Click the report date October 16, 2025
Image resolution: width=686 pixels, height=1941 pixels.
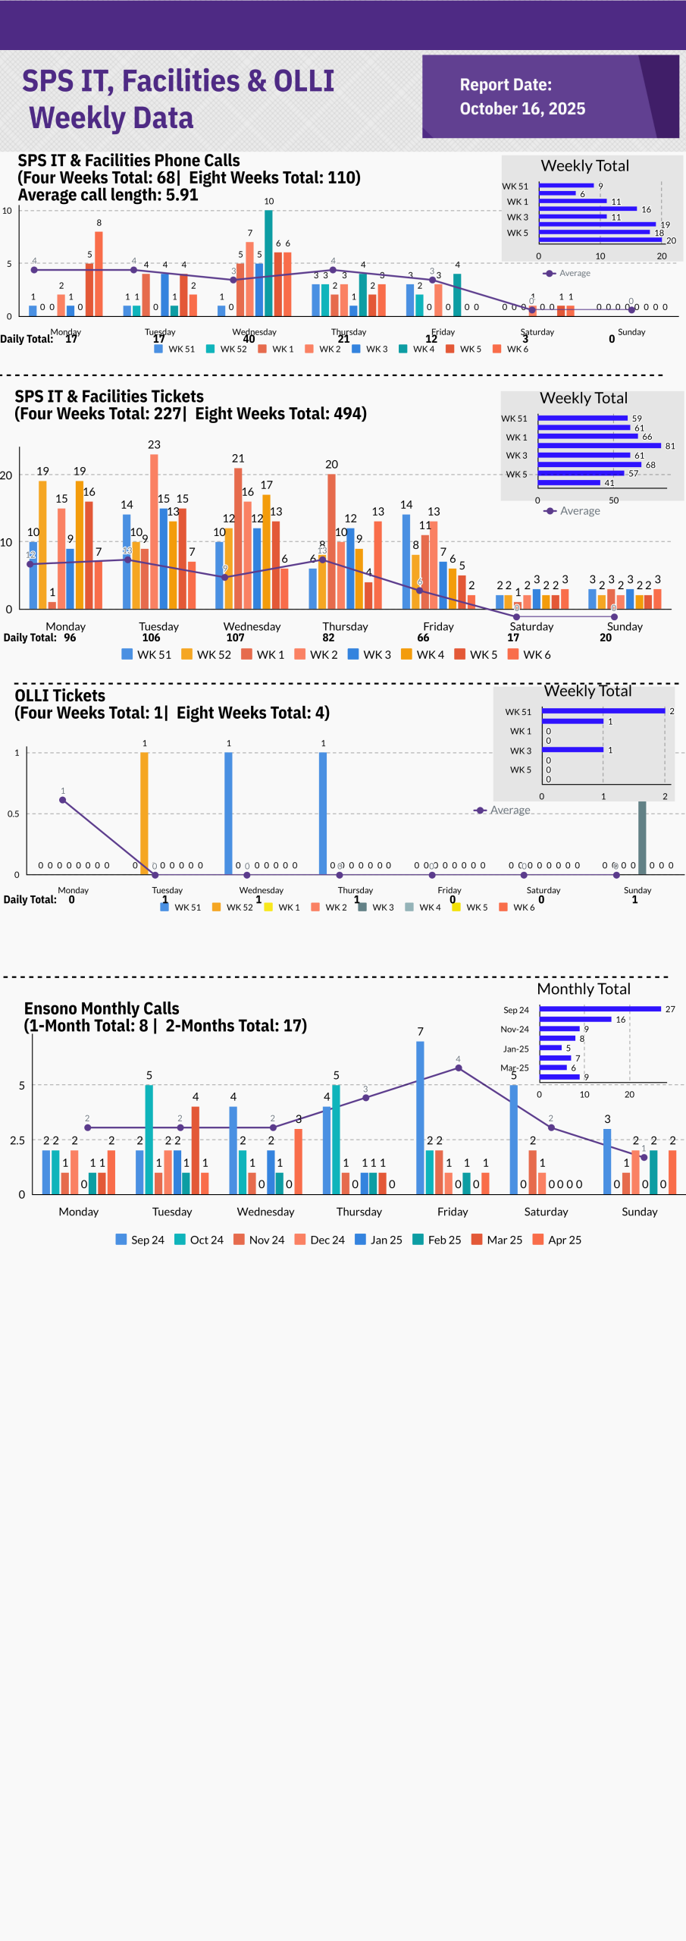pyautogui.click(x=522, y=109)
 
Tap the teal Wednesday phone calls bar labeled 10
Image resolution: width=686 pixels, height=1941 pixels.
pyautogui.click(x=268, y=262)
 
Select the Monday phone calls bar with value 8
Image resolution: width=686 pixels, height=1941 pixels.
pyautogui.click(x=99, y=273)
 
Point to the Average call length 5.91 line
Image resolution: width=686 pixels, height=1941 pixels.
pyautogui.click(x=108, y=195)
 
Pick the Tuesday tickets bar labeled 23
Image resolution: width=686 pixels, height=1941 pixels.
pyautogui.click(x=154, y=531)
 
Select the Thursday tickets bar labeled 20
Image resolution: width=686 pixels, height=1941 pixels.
pyautogui.click(x=331, y=541)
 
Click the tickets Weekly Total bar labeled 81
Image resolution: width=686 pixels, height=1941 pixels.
pyautogui.click(x=600, y=446)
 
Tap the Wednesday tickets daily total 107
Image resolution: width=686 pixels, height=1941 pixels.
pyautogui.click(x=236, y=638)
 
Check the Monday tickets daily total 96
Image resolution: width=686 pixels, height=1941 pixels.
pyautogui.click(x=70, y=638)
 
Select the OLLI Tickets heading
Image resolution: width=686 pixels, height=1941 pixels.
pyautogui.click(x=60, y=695)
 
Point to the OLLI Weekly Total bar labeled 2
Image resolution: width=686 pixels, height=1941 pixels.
pyautogui.click(x=603, y=711)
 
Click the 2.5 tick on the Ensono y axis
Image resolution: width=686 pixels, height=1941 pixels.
pyautogui.click(x=17, y=1140)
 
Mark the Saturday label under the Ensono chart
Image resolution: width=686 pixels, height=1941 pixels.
pyautogui.click(x=546, y=1212)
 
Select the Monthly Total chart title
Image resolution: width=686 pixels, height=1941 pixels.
pyautogui.click(x=584, y=989)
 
